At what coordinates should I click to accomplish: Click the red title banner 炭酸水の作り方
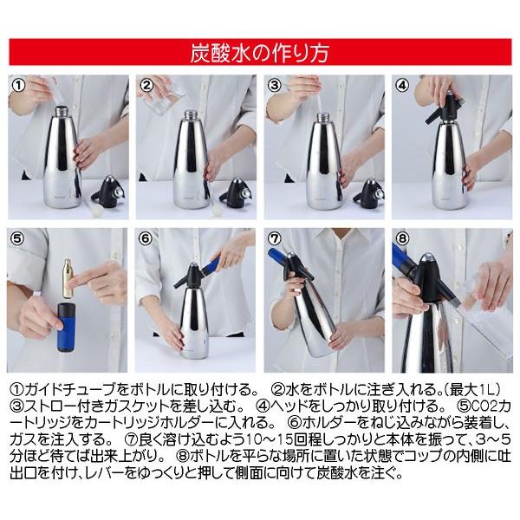pos(260,52)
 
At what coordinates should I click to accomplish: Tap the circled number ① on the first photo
pos(18,85)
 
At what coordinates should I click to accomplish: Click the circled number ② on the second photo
pos(146,85)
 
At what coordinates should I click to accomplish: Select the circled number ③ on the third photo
pos(274,85)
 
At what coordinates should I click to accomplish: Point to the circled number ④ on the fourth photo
pos(402,85)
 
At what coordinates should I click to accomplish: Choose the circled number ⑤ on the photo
pos(18,238)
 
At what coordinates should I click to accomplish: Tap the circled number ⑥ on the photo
pos(146,238)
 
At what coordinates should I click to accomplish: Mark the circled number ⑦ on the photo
pos(274,238)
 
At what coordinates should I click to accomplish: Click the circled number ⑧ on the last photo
pos(402,238)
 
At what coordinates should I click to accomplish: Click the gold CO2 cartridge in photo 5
pos(68,278)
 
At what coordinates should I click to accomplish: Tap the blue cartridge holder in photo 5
pos(67,327)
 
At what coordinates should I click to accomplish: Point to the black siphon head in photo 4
pos(444,107)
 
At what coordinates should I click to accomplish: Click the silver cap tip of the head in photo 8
pos(429,257)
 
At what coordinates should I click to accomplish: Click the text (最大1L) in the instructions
pos(472,390)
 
